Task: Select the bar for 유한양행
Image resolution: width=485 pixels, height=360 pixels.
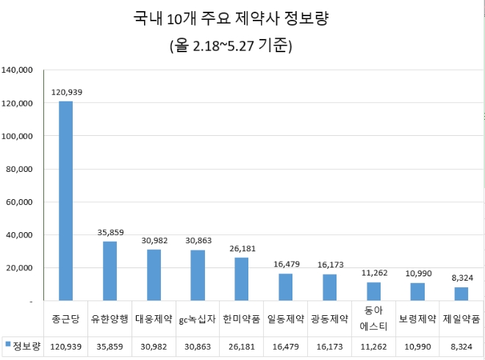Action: point(109,271)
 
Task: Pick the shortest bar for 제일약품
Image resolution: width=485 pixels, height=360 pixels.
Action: point(461,294)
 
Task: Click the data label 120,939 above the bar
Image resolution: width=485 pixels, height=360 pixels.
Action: point(66,93)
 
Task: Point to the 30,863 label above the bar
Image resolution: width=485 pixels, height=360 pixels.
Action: point(198,240)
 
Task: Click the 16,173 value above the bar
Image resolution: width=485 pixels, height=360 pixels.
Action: point(329,264)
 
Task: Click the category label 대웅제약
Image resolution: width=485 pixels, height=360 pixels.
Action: point(154,320)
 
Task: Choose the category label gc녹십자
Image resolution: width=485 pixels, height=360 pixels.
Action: point(198,320)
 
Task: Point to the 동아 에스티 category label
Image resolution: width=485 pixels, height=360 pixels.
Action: point(373,319)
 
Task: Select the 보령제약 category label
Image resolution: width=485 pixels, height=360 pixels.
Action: point(417,320)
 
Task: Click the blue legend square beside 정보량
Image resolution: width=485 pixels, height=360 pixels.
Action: point(8,344)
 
